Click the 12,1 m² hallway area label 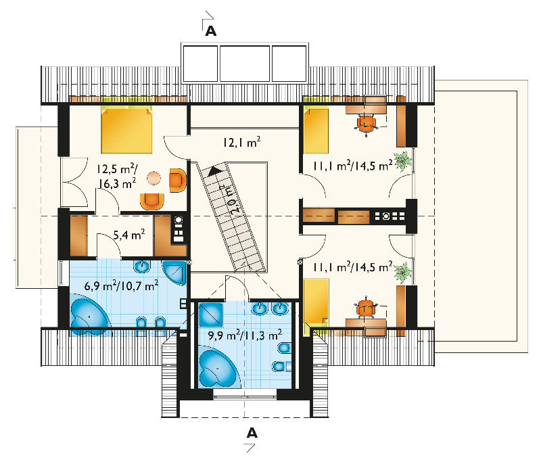pyautogui.click(x=241, y=142)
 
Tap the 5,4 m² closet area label pyautogui.click(x=128, y=235)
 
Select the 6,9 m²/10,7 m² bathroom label pyautogui.click(x=121, y=285)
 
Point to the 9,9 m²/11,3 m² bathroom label pyautogui.click(x=245, y=335)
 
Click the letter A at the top pyautogui.click(x=211, y=31)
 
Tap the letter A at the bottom pyautogui.click(x=252, y=433)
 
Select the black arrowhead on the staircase pyautogui.click(x=214, y=170)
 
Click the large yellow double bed pyautogui.click(x=126, y=130)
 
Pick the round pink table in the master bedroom pyautogui.click(x=154, y=178)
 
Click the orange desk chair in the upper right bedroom pyautogui.click(x=367, y=124)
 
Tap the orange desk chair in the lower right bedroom pyautogui.click(x=366, y=308)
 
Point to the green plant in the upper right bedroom pyautogui.click(x=402, y=161)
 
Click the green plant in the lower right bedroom pyautogui.click(x=402, y=273)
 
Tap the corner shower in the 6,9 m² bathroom pyautogui.click(x=175, y=273)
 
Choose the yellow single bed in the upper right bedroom pyautogui.click(x=316, y=130)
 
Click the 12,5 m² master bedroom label pyautogui.click(x=116, y=177)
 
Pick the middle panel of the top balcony pyautogui.click(x=245, y=63)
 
